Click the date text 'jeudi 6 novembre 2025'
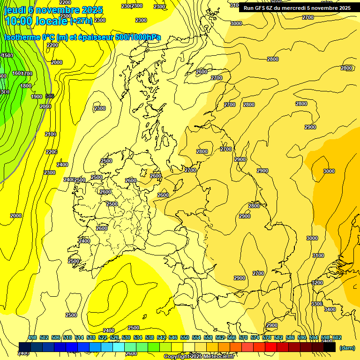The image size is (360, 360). (53, 10)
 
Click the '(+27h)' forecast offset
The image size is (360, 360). (82, 21)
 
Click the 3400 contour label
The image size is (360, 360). (330, 309)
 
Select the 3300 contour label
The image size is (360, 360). (316, 304)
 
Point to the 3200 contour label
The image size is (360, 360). (317, 283)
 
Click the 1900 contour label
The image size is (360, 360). (37, 97)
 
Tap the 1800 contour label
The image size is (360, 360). (26, 86)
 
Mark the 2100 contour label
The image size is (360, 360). (51, 134)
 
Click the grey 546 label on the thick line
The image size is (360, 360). (50, 96)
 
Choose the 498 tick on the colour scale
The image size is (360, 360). (32, 337)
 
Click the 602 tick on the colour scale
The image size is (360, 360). (337, 337)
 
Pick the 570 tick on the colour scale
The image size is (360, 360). (243, 337)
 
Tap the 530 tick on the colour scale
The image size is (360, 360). (126, 337)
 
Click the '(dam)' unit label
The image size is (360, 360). (347, 348)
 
